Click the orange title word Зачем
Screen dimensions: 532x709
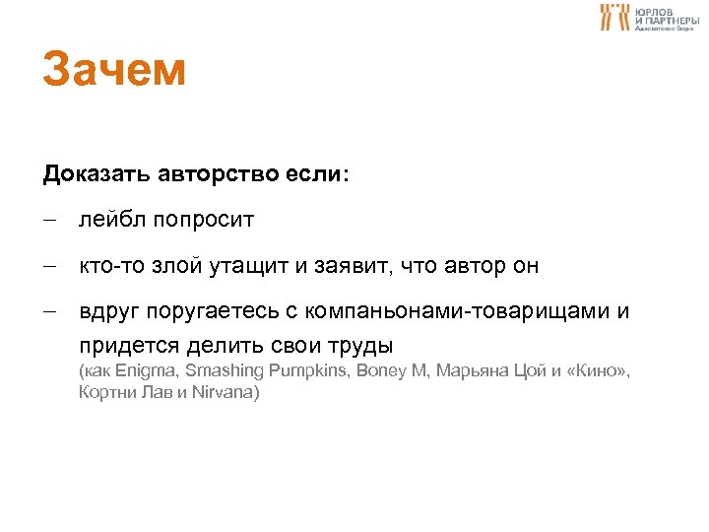tap(113, 71)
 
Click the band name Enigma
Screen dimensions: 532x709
tap(144, 371)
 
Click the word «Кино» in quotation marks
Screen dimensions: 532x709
tap(596, 371)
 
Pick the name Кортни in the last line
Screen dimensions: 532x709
tap(105, 392)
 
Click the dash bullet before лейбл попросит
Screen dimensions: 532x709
tap(50, 220)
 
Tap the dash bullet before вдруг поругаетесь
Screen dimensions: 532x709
tap(50, 313)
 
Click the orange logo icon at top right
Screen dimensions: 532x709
tap(614, 16)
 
